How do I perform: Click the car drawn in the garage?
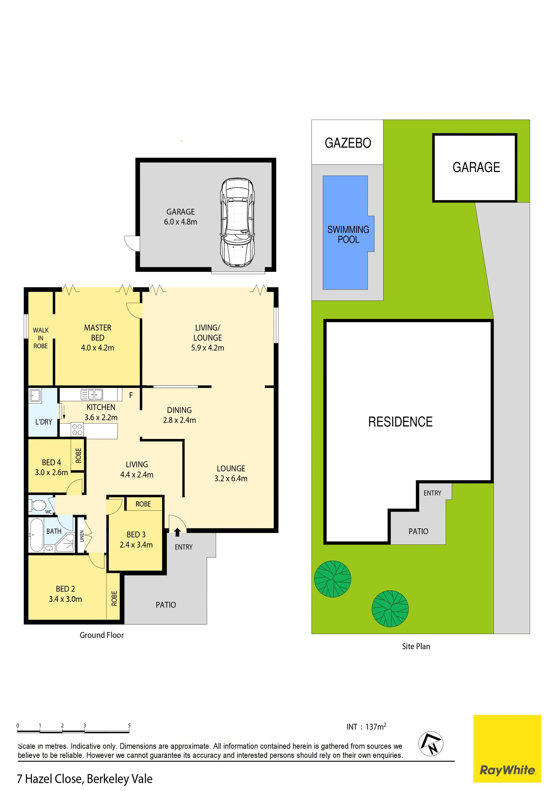tap(238, 222)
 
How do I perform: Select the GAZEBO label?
tap(348, 143)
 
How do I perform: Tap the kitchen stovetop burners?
tap(77, 429)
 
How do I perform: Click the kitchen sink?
tap(92, 394)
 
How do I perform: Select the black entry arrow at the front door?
tap(177, 532)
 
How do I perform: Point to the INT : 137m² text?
tap(366, 727)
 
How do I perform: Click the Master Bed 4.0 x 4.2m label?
tap(98, 338)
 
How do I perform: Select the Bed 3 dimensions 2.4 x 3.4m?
tap(136, 545)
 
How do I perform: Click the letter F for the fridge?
tap(131, 395)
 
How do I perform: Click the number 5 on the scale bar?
tap(129, 725)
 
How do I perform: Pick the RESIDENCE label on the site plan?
tap(400, 422)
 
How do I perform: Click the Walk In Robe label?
tap(41, 338)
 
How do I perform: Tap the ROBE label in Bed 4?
tap(79, 455)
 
